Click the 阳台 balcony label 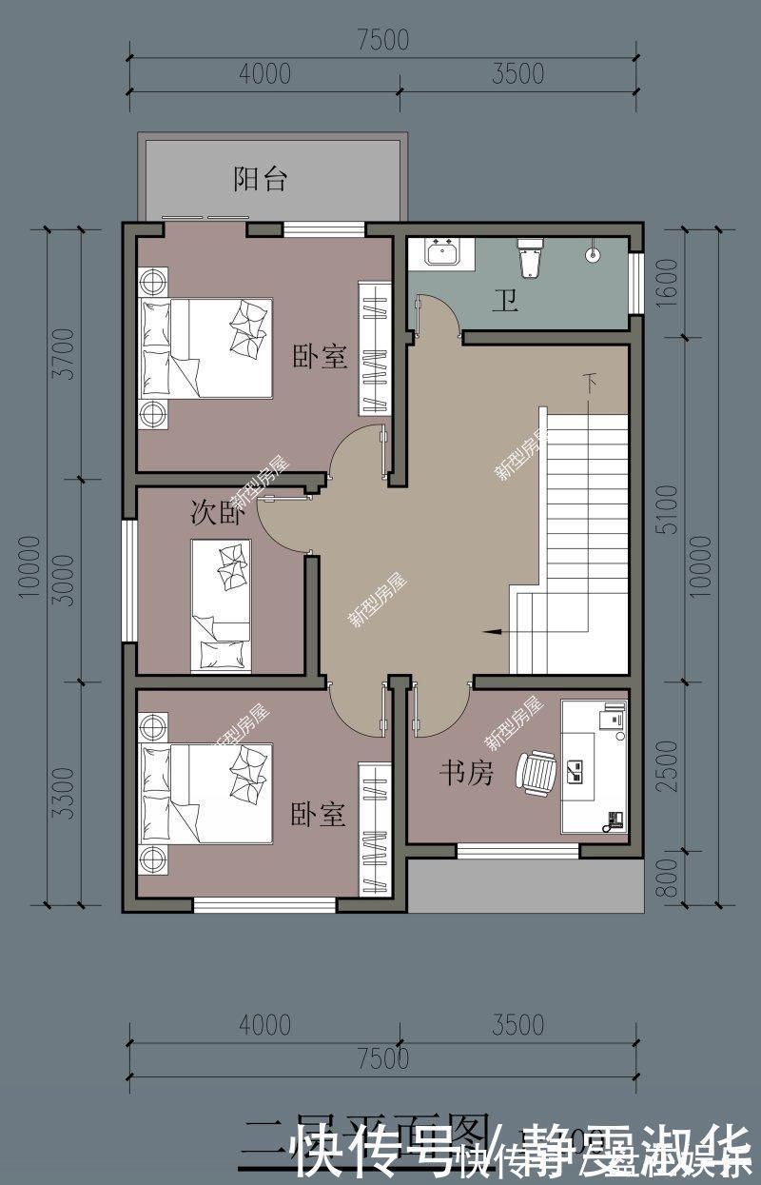coord(261,179)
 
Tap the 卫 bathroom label coord(504,302)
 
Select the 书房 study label coord(466,774)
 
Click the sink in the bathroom coord(443,253)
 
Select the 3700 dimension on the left coord(64,353)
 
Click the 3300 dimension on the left coord(64,793)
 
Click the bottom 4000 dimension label coord(264,1025)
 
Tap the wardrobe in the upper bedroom coord(375,348)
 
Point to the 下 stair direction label coord(592,384)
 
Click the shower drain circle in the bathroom coord(593,255)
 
